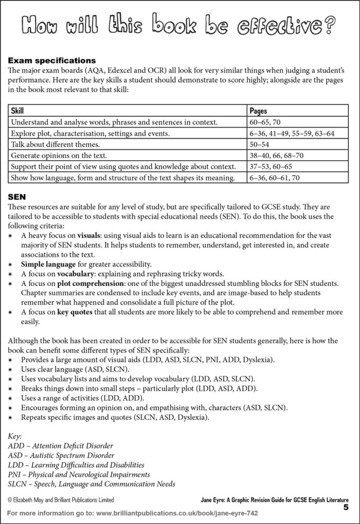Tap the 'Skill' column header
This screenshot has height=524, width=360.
(17, 111)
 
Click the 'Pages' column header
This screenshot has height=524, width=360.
(258, 111)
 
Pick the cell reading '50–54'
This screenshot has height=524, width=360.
(258, 144)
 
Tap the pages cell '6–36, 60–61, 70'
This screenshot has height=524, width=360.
(274, 178)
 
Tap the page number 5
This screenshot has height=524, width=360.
(346, 508)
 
